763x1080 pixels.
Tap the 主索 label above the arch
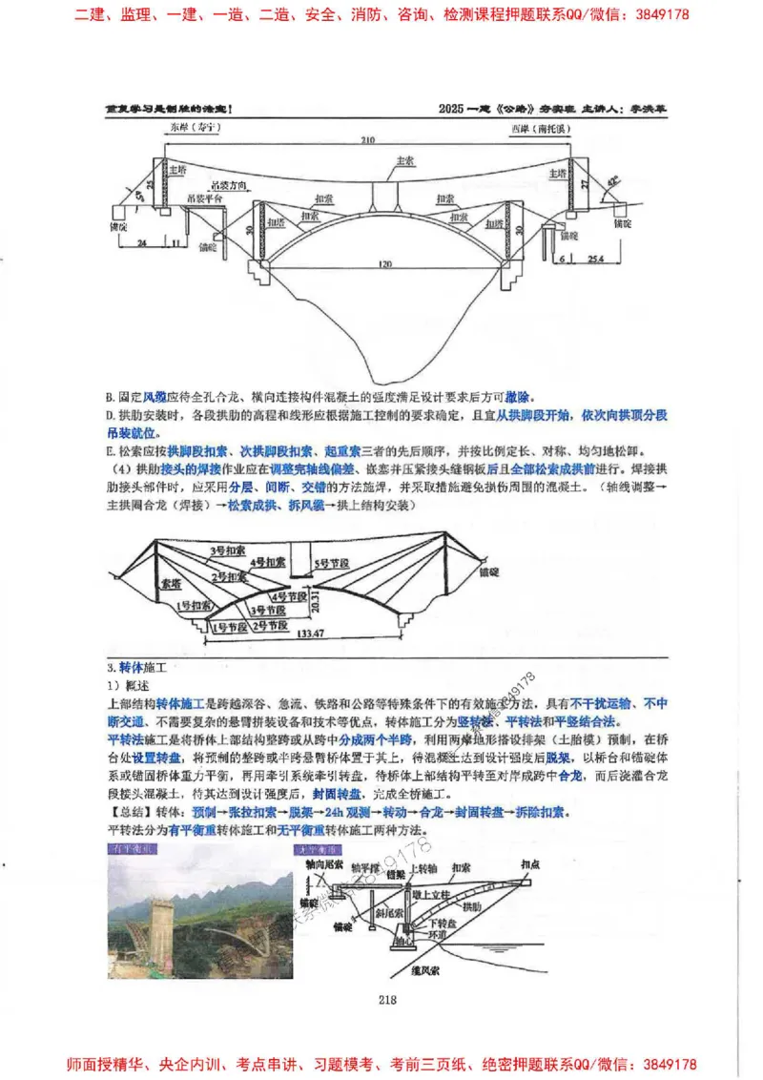404,160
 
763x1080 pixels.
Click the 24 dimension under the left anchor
141,244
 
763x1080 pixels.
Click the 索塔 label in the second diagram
171,580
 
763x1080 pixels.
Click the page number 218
387,1000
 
